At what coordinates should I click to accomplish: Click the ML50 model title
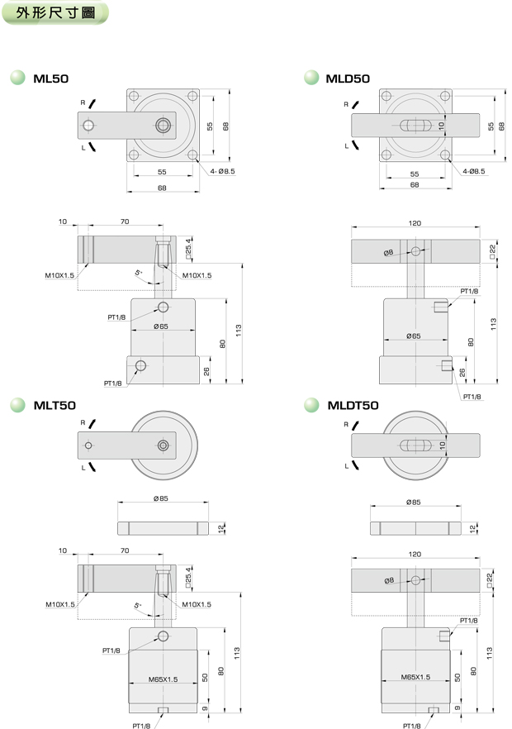[50, 79]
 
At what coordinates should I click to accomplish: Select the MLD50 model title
[348, 79]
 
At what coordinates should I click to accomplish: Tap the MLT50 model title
[54, 405]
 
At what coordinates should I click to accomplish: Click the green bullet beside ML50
[17, 79]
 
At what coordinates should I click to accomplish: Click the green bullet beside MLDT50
[311, 405]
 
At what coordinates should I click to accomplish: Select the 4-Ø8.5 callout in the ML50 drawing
[222, 171]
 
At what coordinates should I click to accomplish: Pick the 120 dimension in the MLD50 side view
[415, 224]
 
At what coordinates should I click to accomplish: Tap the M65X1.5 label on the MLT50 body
[163, 679]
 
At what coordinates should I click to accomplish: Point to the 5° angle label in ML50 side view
[139, 272]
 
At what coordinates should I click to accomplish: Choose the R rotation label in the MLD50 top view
[346, 105]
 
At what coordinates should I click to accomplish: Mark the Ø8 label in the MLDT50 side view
[389, 580]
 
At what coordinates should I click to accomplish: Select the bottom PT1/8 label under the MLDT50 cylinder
[411, 725]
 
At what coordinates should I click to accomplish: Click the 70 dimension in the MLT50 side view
[125, 550]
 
